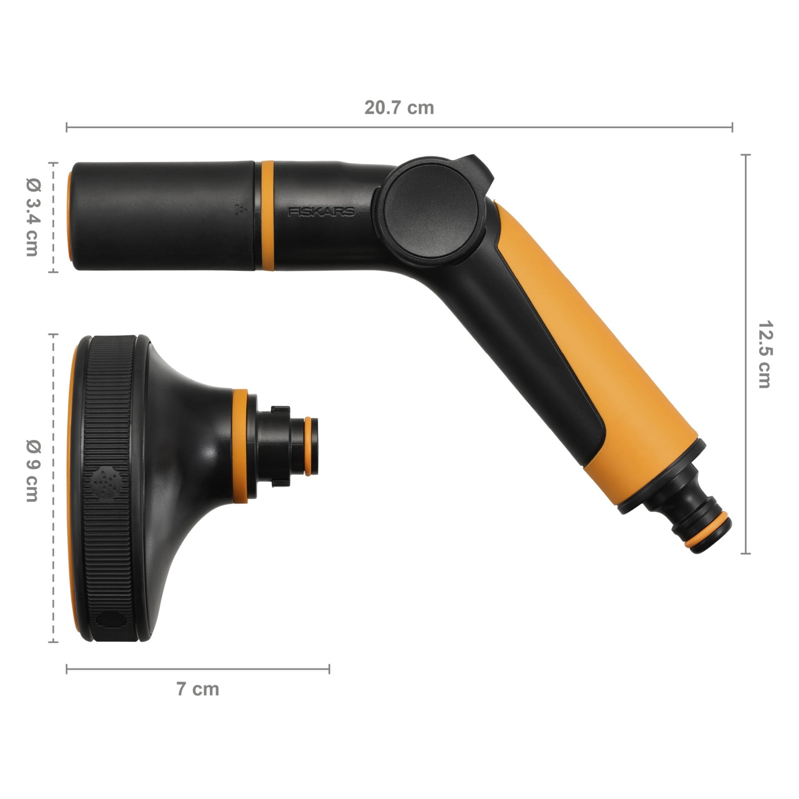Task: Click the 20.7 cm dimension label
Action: click(x=399, y=108)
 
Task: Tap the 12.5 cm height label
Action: click(x=764, y=354)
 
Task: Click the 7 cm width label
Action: click(x=198, y=689)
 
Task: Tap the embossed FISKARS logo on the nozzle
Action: click(x=322, y=212)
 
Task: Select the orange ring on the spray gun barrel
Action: click(x=267, y=215)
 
